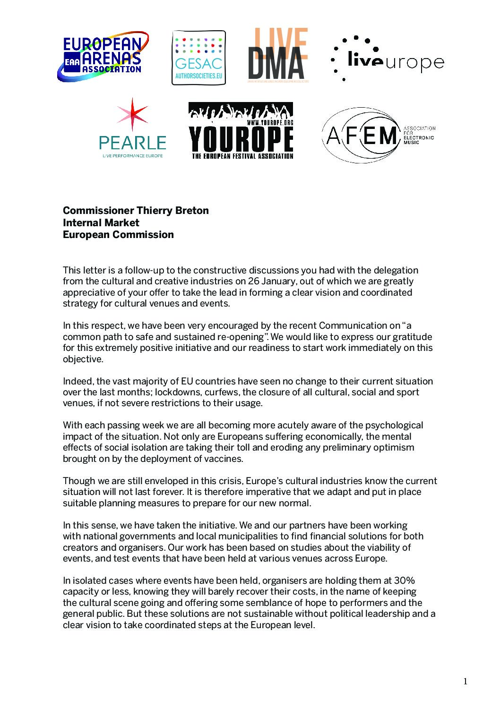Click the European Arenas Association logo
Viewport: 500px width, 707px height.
tap(103, 57)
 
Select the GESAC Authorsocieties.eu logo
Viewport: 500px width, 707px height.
tap(198, 58)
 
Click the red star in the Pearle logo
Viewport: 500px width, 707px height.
tap(132, 115)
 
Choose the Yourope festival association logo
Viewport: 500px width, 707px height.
tap(241, 131)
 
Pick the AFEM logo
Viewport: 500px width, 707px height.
tap(378, 135)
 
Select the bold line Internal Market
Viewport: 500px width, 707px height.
tap(101, 223)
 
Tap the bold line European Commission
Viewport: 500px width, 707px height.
tap(118, 235)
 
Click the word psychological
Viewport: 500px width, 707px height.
tap(394, 426)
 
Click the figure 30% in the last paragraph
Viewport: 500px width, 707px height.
tap(405, 580)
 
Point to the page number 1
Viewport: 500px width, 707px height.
tap(465, 681)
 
